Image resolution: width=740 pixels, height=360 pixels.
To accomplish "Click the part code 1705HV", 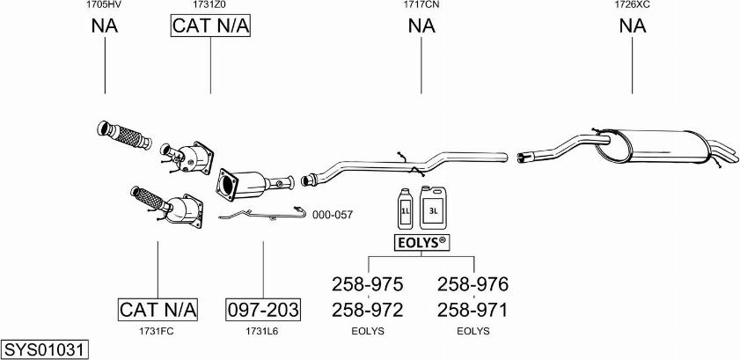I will point(104,5).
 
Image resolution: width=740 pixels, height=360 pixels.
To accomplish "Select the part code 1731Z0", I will point(210,5).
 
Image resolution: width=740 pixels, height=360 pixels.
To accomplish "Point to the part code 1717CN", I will point(421,5).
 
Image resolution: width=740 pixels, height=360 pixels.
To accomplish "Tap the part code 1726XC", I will point(632,5).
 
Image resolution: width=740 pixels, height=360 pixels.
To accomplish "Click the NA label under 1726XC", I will point(632,26).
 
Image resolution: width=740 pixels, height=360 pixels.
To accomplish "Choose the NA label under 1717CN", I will point(421,26).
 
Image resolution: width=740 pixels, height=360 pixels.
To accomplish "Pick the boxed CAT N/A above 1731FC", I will point(158,310).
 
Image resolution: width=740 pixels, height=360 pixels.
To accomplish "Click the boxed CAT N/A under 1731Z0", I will point(210,26).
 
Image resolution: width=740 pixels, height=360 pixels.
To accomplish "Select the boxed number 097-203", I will point(263,310).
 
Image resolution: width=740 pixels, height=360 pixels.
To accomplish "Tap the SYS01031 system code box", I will point(44,349).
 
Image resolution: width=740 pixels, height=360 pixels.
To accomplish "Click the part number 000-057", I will point(332,214).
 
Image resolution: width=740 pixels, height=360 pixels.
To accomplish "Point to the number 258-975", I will point(368,284).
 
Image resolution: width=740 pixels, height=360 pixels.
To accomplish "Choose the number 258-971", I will point(473,310).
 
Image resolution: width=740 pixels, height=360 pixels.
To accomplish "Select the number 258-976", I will point(473,284).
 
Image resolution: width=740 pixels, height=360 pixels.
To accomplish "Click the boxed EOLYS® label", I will point(421,241).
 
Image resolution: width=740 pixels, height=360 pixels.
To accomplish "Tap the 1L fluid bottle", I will point(406,208).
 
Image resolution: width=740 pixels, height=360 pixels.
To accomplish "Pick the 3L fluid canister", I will point(435,206).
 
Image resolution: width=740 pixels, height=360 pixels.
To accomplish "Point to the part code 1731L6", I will point(263,331).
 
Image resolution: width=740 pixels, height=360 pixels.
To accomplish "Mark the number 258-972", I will point(368,310).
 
